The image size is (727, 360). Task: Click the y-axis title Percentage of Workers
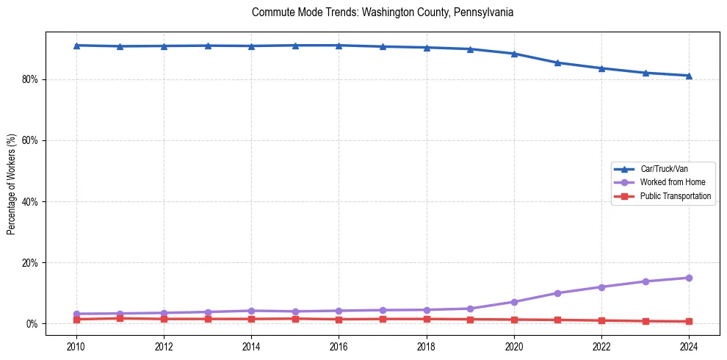coord(11,184)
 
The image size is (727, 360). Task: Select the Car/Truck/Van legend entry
coord(664,169)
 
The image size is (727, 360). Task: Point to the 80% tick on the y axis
coord(31,79)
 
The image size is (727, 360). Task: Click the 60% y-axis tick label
coord(31,140)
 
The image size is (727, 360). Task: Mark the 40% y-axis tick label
coord(31,201)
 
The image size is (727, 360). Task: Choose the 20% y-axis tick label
coord(31,262)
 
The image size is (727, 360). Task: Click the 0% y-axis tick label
coord(33,323)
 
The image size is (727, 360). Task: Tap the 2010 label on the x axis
coord(76,346)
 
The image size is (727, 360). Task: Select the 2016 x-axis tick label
coord(339,346)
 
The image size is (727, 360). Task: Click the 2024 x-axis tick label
coord(689,346)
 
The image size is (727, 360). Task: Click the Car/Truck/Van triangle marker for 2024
coord(689,76)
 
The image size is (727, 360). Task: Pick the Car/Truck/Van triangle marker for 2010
coord(76,46)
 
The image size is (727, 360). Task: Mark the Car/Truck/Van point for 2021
coord(557,62)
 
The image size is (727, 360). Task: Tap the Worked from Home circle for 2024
coord(689,278)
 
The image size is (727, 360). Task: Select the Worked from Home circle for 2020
coord(514,302)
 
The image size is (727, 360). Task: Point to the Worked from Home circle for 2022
coord(601,287)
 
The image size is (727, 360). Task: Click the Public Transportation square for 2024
coord(689,321)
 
